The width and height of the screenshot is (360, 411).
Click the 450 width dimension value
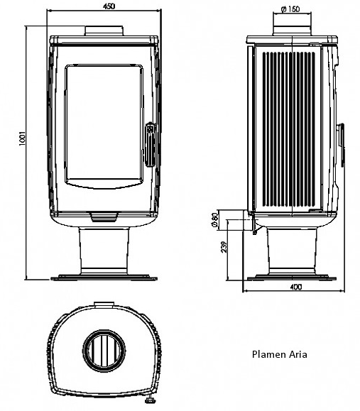click(x=109, y=6)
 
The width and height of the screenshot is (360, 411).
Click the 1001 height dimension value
click(x=23, y=138)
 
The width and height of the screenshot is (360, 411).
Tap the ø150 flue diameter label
click(x=290, y=9)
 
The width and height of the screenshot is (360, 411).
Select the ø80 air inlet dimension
click(x=214, y=219)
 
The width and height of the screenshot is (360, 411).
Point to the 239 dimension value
click(x=224, y=247)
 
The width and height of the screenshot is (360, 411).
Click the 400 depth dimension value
click(x=296, y=287)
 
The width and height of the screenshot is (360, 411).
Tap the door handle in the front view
click(x=151, y=144)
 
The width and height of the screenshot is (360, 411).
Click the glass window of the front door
click(x=104, y=126)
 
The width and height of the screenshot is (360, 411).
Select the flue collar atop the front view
click(x=104, y=31)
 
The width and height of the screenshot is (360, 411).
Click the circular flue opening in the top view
click(x=104, y=351)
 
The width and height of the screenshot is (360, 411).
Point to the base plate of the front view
click(x=104, y=278)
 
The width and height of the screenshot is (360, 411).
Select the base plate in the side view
click(x=292, y=278)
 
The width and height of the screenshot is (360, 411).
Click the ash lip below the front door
click(x=104, y=217)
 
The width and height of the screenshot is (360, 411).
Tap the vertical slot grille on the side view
click(x=289, y=129)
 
